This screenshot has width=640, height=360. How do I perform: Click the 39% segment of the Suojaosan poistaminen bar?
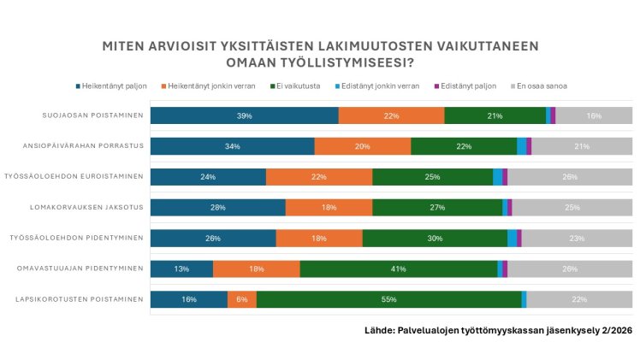click(245, 115)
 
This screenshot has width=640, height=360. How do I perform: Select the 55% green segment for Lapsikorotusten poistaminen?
click(388, 299)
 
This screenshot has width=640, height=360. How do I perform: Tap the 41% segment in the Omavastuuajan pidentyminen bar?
click(398, 269)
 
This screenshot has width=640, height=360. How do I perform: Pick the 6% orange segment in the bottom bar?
click(242, 299)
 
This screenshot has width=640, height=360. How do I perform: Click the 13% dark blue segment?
click(181, 269)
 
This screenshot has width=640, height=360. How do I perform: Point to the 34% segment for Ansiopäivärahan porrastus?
click(232, 146)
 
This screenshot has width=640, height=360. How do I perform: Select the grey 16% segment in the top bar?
click(594, 115)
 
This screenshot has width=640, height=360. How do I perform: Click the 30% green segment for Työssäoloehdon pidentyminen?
click(435, 238)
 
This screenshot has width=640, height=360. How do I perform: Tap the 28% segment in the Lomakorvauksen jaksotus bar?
click(217, 207)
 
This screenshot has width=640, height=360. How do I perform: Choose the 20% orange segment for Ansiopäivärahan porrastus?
click(363, 146)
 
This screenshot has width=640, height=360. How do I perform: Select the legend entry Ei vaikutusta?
click(295, 86)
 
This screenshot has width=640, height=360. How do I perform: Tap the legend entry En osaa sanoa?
click(542, 86)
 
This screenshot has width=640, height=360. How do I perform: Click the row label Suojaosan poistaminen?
click(93, 115)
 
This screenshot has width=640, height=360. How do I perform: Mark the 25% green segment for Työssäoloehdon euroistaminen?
click(432, 177)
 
